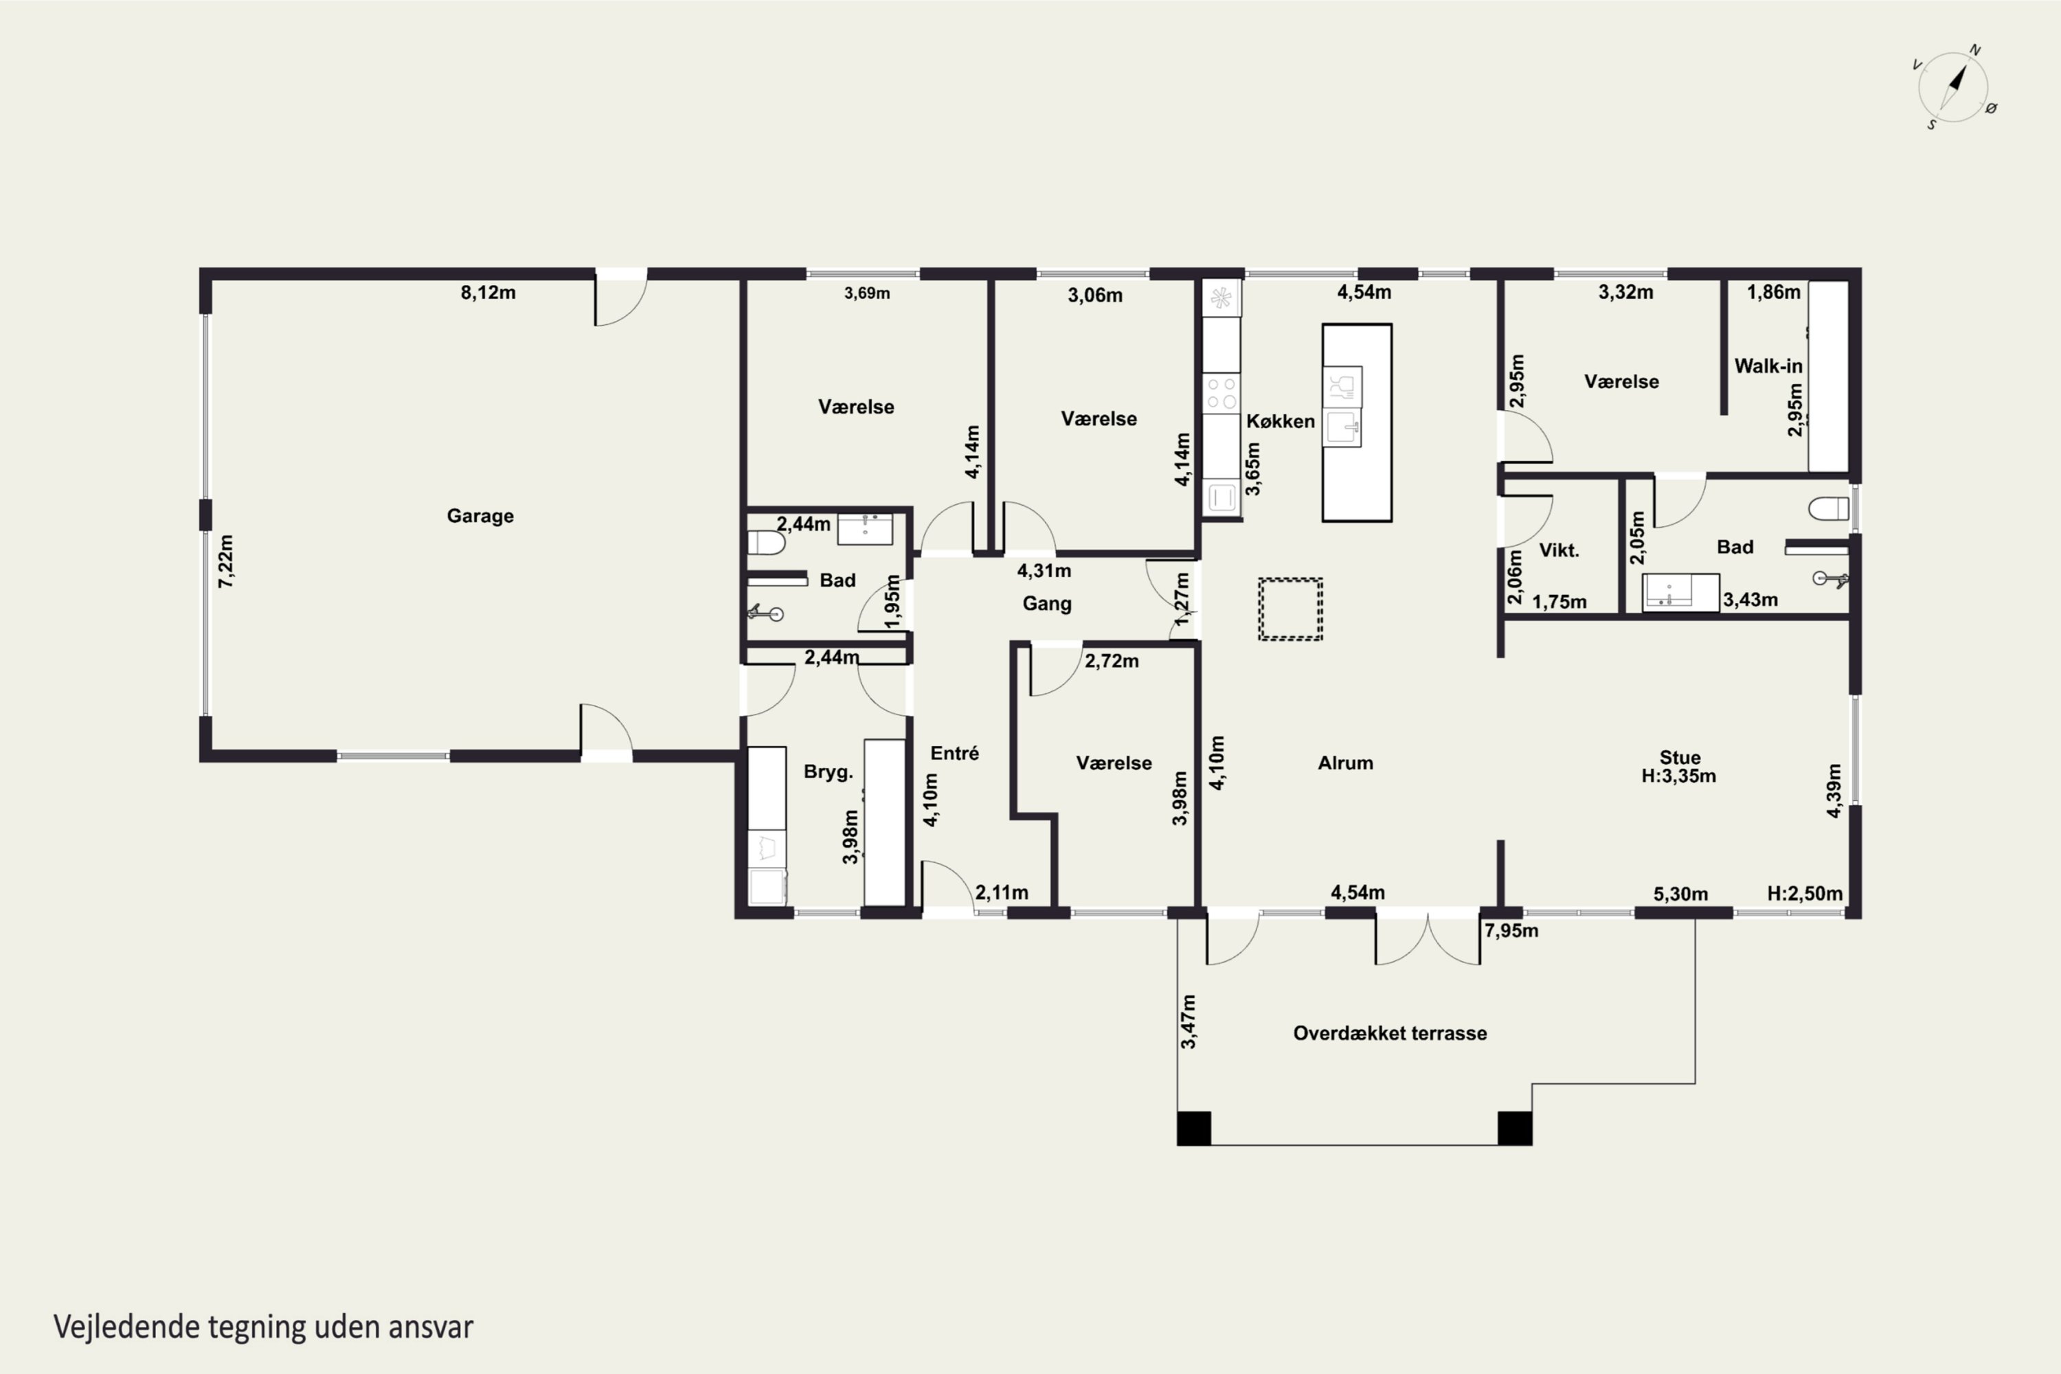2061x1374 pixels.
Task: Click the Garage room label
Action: pyautogui.click(x=480, y=516)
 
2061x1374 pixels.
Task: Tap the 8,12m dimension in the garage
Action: pyautogui.click(x=488, y=293)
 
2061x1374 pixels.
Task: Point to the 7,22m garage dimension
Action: pyautogui.click(x=226, y=561)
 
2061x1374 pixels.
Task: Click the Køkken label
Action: pyautogui.click(x=1281, y=422)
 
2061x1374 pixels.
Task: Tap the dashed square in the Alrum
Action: pyautogui.click(x=1290, y=609)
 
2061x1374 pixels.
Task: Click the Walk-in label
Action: pyautogui.click(x=1768, y=366)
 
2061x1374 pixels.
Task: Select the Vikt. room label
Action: pyautogui.click(x=1559, y=550)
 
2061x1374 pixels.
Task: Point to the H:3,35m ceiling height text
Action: pyautogui.click(x=1678, y=776)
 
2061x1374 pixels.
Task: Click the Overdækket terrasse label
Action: pyautogui.click(x=1390, y=1033)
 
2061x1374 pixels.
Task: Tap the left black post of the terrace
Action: pyautogui.click(x=1193, y=1128)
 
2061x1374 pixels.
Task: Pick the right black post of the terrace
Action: pyautogui.click(x=1514, y=1128)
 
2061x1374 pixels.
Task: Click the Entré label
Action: pyautogui.click(x=954, y=754)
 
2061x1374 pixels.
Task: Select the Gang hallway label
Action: pyautogui.click(x=1046, y=604)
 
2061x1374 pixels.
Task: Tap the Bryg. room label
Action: pyautogui.click(x=828, y=772)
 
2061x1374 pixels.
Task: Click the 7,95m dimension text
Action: pyautogui.click(x=1511, y=931)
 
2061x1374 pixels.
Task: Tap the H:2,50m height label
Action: pyautogui.click(x=1804, y=894)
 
